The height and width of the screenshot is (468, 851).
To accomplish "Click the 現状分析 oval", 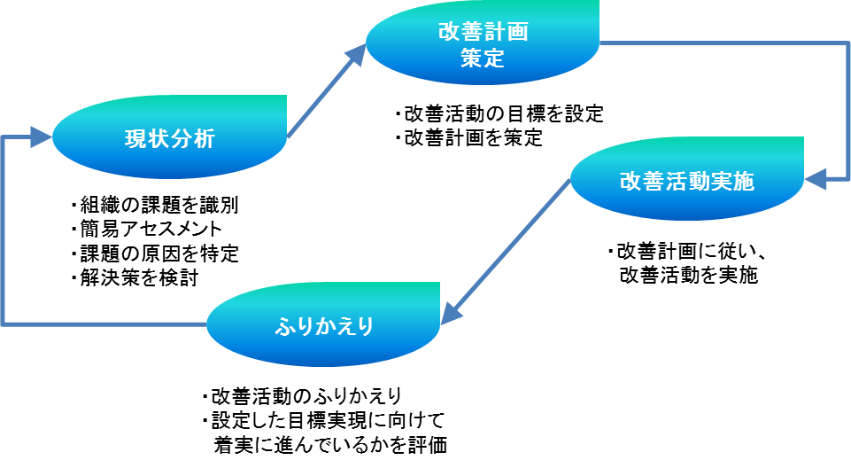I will click(169, 138).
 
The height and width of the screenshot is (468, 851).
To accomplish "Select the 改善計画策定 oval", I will click(483, 44).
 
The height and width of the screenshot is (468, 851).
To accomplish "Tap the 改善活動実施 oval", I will click(686, 181).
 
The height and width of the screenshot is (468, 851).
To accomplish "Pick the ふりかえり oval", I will click(323, 325).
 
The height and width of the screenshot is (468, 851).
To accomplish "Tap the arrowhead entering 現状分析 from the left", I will click(40, 136).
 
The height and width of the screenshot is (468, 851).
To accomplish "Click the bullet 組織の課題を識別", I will click(155, 206).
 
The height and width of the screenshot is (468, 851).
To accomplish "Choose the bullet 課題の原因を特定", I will click(155, 253).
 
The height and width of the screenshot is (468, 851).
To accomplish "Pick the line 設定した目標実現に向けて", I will click(322, 419).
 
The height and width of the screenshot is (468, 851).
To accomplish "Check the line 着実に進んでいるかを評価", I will click(329, 444).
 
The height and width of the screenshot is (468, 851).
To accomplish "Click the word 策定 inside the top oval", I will click(483, 58).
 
